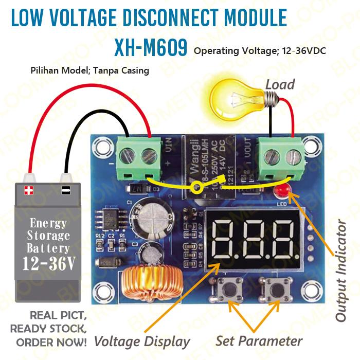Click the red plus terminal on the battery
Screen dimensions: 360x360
tap(28, 190)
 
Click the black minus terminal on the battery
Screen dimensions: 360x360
tap(66, 190)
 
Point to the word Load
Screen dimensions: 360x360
tap(280, 84)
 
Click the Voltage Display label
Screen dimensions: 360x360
tap(142, 341)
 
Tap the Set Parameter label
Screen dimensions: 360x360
tap(259, 340)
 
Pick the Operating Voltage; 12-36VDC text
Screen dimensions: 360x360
tap(260, 51)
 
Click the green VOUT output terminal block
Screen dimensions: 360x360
tap(280, 154)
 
